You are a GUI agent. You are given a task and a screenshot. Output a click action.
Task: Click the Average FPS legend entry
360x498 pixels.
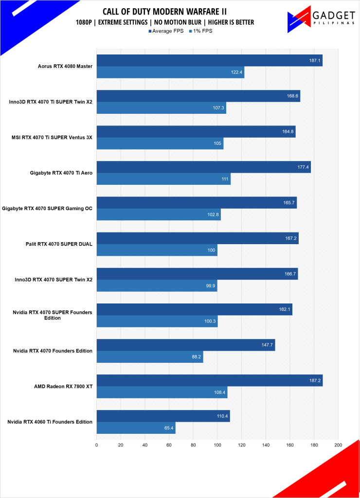click(167, 31)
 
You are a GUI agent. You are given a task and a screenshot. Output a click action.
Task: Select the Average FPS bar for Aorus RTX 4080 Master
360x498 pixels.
click(209, 60)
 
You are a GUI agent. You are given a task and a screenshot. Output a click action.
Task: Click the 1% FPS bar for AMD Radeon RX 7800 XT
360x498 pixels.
click(162, 392)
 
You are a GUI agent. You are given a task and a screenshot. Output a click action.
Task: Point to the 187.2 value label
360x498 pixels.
click(314, 381)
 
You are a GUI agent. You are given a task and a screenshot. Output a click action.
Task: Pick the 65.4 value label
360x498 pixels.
click(167, 428)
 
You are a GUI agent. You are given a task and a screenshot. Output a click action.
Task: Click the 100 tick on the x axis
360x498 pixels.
click(217, 445)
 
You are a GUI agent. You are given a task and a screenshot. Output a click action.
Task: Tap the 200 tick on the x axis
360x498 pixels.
click(338, 445)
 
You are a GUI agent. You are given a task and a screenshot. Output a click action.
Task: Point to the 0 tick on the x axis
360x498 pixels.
click(96, 445)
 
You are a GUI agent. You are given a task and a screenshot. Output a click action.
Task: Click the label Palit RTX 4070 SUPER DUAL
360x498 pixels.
click(59, 244)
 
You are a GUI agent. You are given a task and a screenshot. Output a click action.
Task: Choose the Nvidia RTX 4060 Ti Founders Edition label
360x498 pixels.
click(50, 422)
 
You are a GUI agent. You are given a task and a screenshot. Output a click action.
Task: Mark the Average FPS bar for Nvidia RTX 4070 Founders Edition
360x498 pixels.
click(185, 345)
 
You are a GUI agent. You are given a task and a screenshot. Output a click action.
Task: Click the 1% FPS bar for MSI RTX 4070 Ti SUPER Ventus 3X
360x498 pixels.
click(160, 143)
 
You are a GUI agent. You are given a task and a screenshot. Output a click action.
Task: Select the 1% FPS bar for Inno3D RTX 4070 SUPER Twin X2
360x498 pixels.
click(157, 286)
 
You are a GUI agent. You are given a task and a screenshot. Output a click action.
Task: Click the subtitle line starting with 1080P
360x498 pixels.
click(164, 22)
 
